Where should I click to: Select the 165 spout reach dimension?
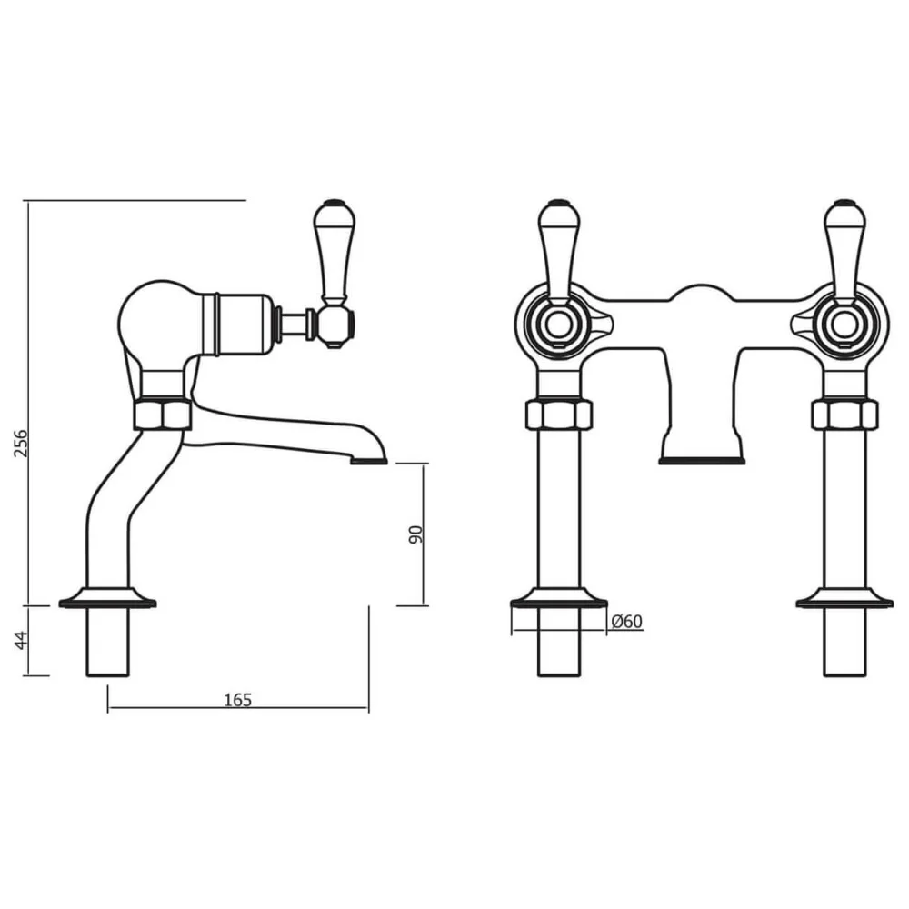(x=237, y=699)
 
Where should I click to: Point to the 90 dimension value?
(x=416, y=534)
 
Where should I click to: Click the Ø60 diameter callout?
(x=626, y=622)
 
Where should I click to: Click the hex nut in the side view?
(x=163, y=414)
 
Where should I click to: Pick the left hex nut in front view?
(x=558, y=415)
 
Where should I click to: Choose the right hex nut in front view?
(x=844, y=415)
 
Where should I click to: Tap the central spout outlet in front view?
(x=701, y=459)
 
